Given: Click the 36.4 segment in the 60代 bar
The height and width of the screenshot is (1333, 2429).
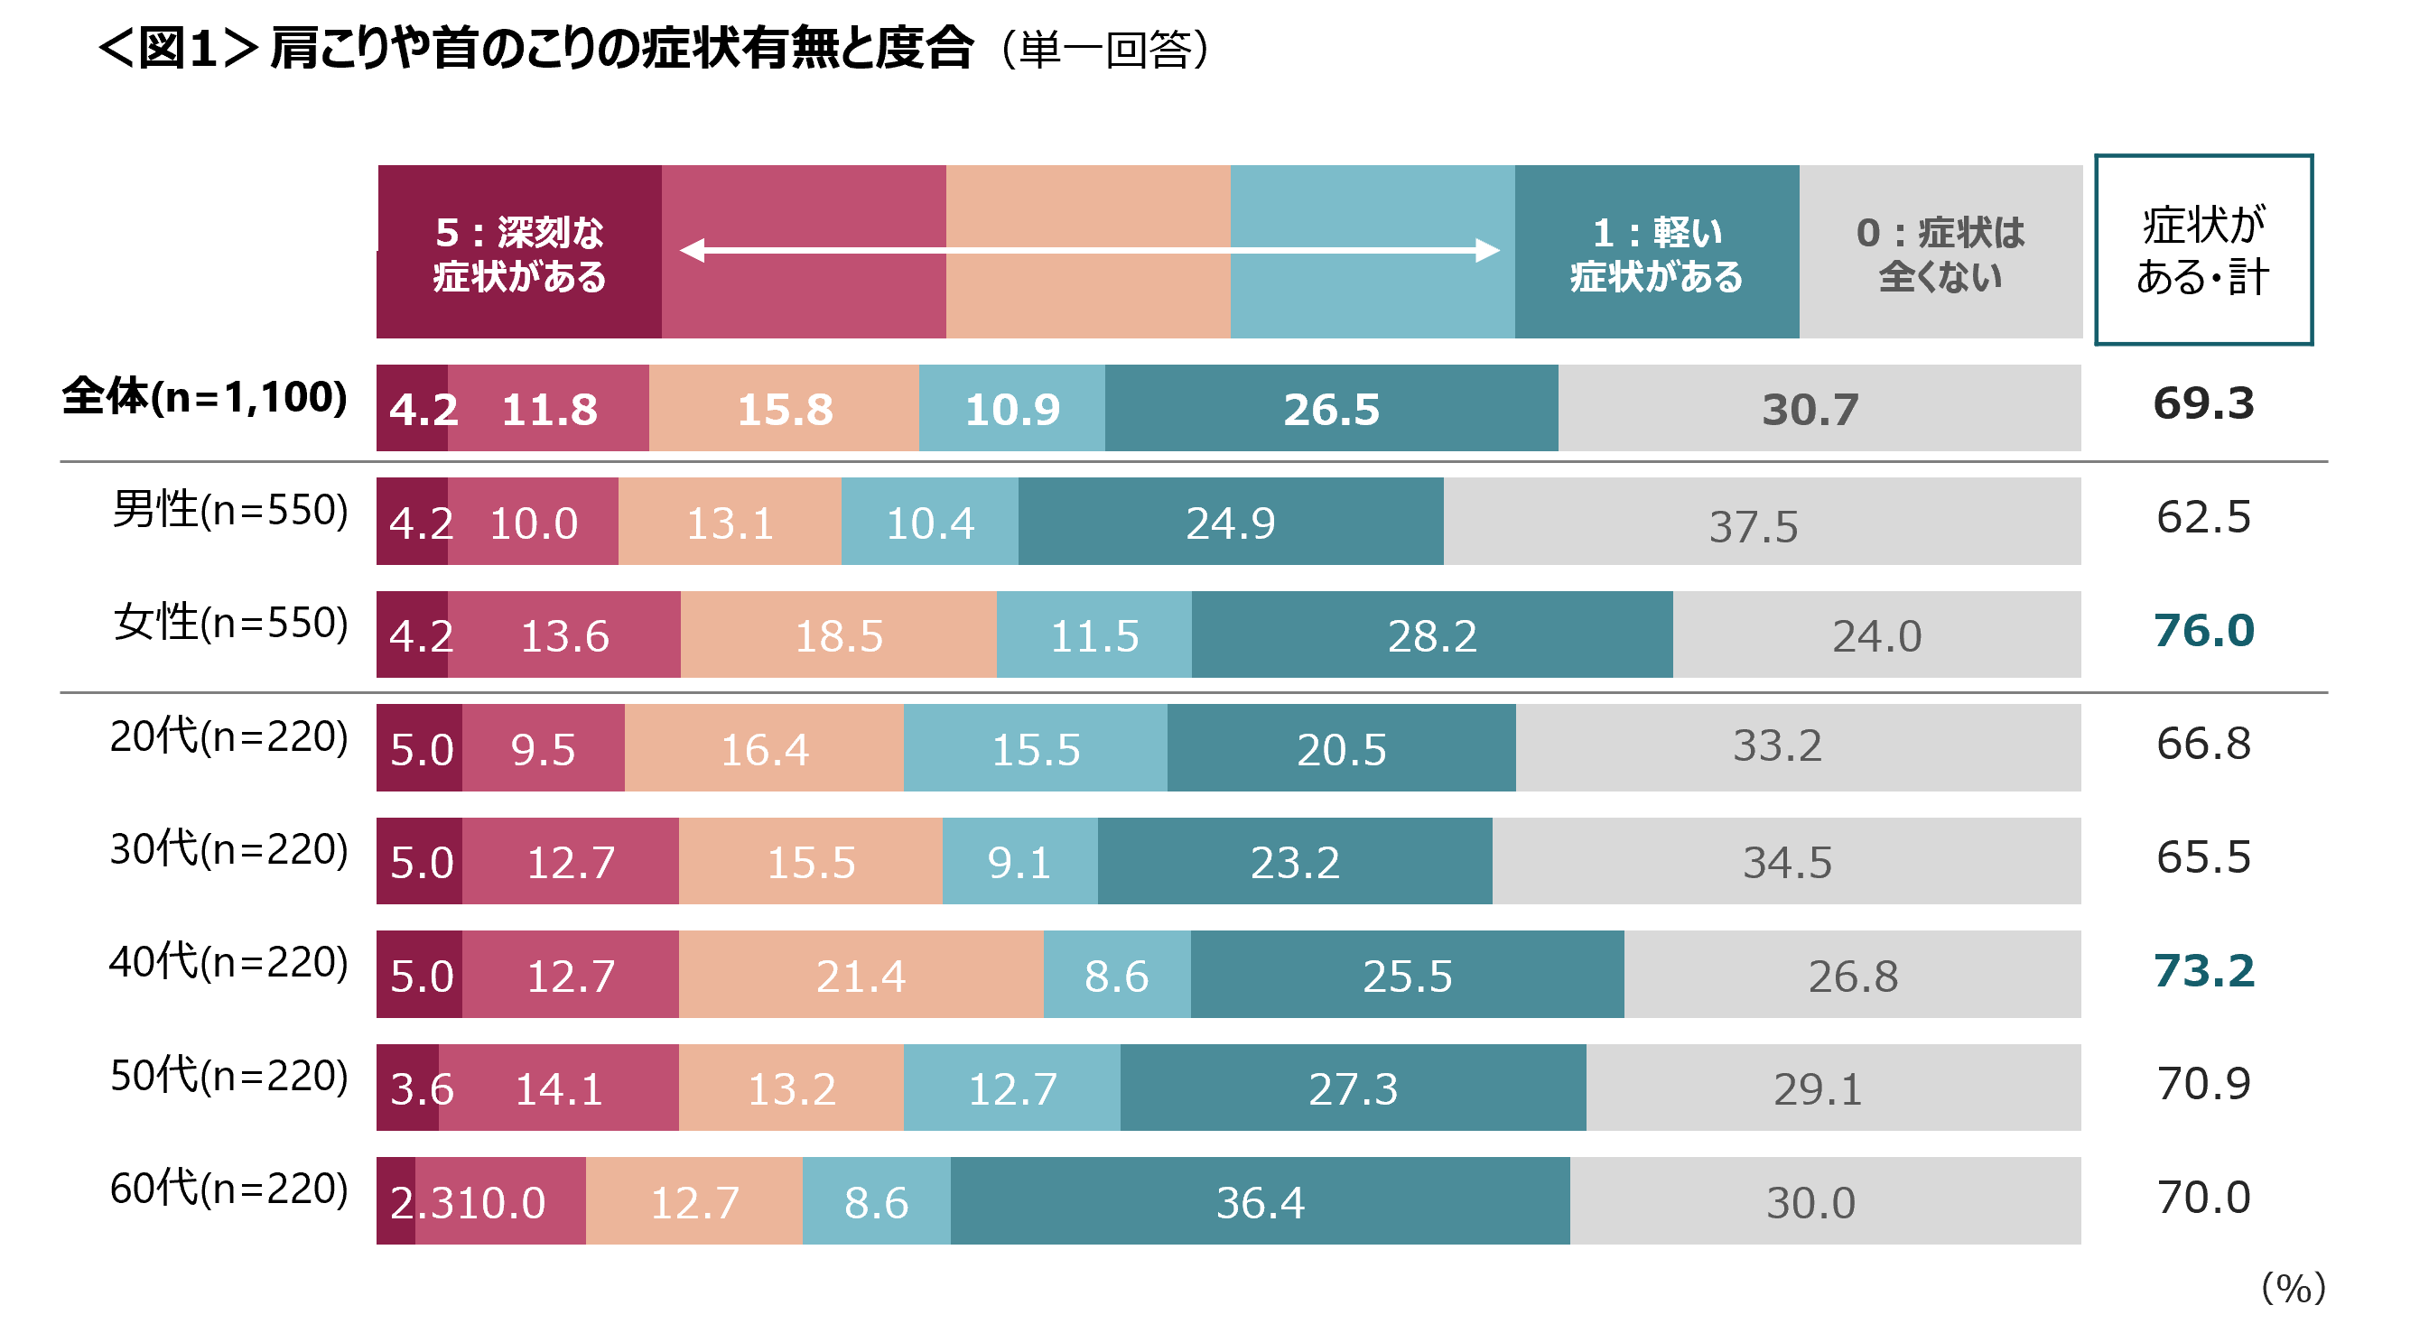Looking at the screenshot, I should (1260, 1201).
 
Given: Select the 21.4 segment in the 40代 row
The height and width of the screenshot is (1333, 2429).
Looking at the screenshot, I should (860, 975).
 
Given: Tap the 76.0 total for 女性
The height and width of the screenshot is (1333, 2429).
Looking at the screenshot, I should (2202, 630).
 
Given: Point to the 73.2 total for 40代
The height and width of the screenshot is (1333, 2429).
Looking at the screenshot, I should (2202, 970).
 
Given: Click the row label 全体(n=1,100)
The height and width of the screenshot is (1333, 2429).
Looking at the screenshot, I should (205, 397).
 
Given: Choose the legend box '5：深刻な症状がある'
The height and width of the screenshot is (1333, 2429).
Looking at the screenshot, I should (518, 253).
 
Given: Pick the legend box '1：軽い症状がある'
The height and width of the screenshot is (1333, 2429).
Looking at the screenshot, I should (1656, 253).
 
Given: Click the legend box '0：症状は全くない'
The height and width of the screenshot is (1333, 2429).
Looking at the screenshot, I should (1940, 253).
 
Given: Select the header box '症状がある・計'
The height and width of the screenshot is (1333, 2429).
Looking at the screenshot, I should (2202, 251).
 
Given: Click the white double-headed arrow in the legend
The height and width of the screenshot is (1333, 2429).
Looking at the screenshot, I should (1089, 250).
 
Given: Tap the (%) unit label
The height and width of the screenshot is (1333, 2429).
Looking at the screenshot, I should (2293, 1287).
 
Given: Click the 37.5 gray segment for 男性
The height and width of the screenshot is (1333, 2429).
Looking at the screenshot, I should (1754, 525).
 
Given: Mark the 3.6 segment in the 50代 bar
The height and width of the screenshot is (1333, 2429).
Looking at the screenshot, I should (409, 1088).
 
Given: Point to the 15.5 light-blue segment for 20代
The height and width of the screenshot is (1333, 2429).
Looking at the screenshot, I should (1035, 748).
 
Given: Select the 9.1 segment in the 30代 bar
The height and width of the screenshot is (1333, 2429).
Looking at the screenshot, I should (1019, 862).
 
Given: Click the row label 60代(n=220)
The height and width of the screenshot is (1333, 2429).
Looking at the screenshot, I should (229, 1188).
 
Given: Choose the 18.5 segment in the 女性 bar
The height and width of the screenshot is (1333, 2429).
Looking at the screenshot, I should (838, 634).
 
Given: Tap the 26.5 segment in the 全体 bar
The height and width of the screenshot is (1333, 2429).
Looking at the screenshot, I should (1330, 408).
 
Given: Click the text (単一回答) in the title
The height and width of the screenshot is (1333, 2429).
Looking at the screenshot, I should (1105, 49).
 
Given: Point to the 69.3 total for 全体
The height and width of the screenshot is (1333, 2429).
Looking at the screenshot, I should (2202, 403).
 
